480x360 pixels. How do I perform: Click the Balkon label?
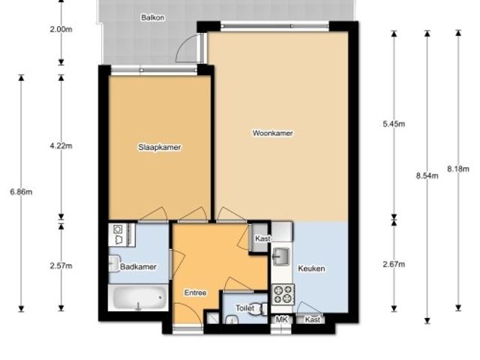tap(152, 17)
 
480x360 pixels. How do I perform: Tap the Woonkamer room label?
tap(272, 133)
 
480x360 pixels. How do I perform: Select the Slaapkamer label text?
tap(160, 147)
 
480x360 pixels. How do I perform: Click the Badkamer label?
tap(138, 267)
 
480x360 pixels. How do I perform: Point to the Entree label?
tap(195, 292)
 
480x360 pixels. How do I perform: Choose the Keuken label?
tap(311, 268)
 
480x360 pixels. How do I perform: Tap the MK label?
tap(282, 319)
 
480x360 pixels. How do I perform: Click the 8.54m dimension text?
tap(427, 175)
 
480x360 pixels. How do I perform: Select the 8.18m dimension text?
tap(458, 169)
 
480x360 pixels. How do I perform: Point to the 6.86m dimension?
tap(21, 192)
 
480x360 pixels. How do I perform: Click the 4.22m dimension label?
tap(61, 145)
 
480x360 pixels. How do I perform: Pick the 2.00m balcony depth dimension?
tap(61, 29)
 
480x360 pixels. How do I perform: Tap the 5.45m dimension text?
tap(394, 124)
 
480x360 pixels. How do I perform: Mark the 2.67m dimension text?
tap(394, 264)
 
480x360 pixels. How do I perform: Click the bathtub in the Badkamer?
tap(138, 298)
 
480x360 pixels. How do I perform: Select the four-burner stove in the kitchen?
tap(283, 294)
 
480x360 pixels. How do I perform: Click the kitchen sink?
tap(281, 256)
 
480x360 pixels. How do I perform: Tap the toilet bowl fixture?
tap(262, 308)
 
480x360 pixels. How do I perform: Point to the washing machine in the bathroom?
tap(118, 235)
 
